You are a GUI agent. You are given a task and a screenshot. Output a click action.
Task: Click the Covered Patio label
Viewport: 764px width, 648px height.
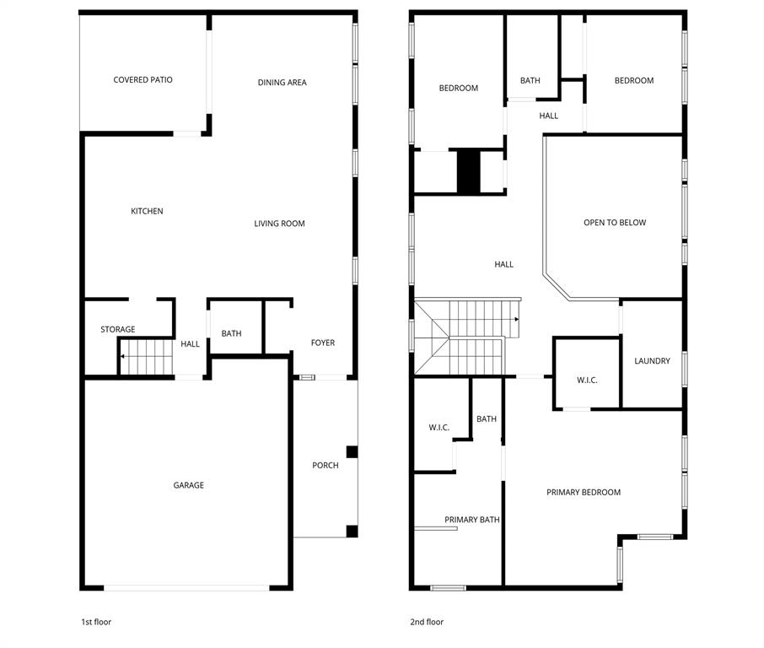(143, 80)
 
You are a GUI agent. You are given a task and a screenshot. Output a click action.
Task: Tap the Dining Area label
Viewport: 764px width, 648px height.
(282, 83)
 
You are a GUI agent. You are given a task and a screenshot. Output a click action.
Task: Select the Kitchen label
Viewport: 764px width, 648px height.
(147, 211)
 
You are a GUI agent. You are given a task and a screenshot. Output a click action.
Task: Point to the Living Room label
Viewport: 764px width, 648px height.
(279, 224)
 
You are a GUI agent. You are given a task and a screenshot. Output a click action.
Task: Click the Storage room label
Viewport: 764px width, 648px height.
(117, 330)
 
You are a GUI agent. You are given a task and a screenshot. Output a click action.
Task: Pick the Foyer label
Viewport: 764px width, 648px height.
(322, 343)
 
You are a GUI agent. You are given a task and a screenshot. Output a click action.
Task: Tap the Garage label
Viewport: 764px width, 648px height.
(188, 485)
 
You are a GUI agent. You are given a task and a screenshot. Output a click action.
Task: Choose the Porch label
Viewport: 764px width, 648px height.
(325, 465)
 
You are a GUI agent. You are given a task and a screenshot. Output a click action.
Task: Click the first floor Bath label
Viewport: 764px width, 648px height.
(231, 333)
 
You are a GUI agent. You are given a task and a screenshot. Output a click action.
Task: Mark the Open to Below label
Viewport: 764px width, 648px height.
(615, 223)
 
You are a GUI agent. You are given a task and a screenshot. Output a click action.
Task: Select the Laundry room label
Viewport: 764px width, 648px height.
(652, 361)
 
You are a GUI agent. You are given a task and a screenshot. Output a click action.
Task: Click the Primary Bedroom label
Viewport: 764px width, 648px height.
(583, 492)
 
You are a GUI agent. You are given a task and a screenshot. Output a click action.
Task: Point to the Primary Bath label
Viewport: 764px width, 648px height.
(472, 520)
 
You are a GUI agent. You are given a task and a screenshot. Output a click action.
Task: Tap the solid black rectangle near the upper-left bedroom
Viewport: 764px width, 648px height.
(468, 171)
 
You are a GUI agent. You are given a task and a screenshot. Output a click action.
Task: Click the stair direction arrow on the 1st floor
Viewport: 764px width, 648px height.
(122, 356)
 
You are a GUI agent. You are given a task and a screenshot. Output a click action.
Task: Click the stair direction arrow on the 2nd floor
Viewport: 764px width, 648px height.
(515, 320)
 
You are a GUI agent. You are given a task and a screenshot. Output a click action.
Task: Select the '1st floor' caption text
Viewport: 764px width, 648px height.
(95, 622)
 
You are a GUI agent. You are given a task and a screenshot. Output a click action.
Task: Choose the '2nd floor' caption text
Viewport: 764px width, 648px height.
(426, 622)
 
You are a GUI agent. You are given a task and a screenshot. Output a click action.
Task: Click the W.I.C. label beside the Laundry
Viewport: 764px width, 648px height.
(587, 381)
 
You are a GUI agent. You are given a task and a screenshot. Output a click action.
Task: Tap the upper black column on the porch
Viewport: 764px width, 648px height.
(352, 452)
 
